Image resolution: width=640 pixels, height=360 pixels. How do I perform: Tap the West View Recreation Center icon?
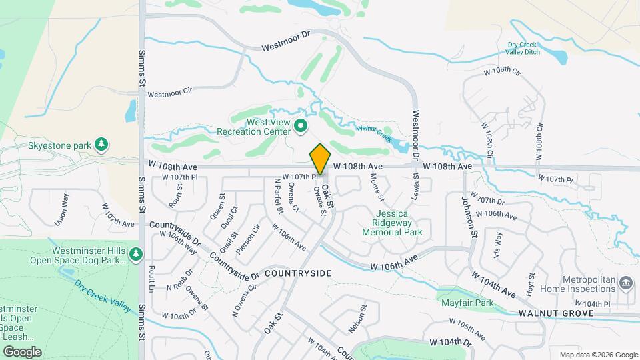tap(301, 125)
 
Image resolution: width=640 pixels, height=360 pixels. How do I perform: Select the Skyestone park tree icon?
tap(101, 144)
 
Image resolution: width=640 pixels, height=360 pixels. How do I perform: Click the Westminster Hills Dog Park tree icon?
tap(136, 254)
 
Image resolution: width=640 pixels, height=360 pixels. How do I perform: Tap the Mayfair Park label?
tap(467, 302)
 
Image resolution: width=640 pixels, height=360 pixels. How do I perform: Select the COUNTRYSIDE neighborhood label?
tap(298, 273)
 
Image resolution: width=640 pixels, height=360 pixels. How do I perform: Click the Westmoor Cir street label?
tap(169, 94)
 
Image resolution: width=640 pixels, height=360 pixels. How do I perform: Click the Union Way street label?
tap(61, 208)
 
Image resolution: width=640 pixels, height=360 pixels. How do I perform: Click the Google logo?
tap(21, 351)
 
